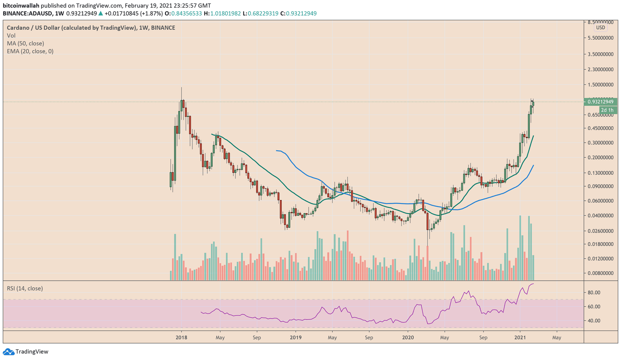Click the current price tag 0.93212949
coord(600,102)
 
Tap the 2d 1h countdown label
coord(607,110)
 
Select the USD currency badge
coord(600,28)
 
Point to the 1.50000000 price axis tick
coord(600,85)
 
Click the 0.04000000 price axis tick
coord(600,216)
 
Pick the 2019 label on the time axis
coord(296,337)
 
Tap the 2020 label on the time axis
coord(408,337)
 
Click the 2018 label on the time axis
coord(181,337)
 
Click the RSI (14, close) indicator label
coord(25,288)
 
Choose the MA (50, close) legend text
coord(25,43)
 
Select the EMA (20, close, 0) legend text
coord(30,51)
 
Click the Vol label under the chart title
coord(11,36)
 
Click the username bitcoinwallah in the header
coord(21,5)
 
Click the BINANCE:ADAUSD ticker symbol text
coord(28,13)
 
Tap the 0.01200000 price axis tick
coord(600,259)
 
